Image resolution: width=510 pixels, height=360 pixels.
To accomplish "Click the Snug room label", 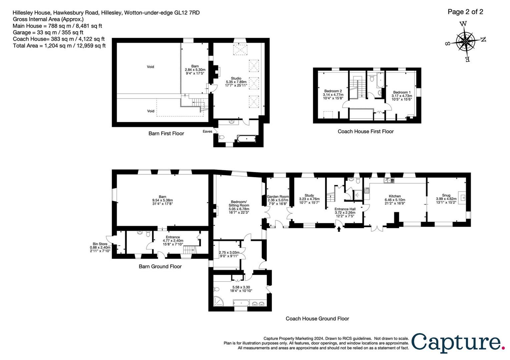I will point(446,195).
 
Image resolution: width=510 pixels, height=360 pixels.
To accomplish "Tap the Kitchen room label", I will point(395,196).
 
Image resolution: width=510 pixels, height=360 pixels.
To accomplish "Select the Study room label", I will point(309,195).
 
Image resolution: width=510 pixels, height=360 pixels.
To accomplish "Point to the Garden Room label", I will point(278,197).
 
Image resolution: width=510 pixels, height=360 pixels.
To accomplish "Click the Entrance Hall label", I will point(345,209).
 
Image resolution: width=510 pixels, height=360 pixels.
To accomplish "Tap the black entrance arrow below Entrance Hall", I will point(339,229).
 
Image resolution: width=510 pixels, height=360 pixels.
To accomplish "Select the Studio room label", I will point(236,78).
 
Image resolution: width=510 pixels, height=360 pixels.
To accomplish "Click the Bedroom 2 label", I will point(333,91).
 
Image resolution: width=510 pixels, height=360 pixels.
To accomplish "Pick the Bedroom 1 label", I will point(402,92).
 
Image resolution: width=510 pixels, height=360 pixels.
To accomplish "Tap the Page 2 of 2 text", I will point(465,12).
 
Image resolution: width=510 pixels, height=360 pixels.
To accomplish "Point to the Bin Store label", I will point(100,244).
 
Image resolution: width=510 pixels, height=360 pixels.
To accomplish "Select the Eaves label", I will point(207,131).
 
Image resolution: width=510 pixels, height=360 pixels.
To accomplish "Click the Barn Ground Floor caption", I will point(160,266).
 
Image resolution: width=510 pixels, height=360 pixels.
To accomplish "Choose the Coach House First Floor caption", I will point(366,131).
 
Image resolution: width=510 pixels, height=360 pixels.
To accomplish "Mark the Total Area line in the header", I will point(59,46).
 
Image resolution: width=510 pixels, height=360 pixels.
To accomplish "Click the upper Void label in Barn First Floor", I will point(150,67).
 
